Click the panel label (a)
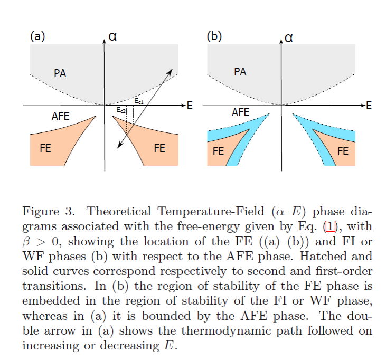click(37, 36)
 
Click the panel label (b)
click(214, 36)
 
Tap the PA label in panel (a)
click(60, 73)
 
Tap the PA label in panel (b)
click(240, 71)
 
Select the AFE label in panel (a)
click(60, 116)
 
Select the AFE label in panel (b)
click(241, 112)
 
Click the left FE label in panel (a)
click(46, 148)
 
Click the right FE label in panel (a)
click(159, 148)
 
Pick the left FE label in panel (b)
click(218, 152)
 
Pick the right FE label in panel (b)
click(343, 151)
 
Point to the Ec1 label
click(138, 100)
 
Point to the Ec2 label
click(121, 110)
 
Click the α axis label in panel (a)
click(112, 36)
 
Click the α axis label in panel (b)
click(288, 37)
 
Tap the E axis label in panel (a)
click(190, 106)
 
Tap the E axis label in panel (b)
click(369, 106)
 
